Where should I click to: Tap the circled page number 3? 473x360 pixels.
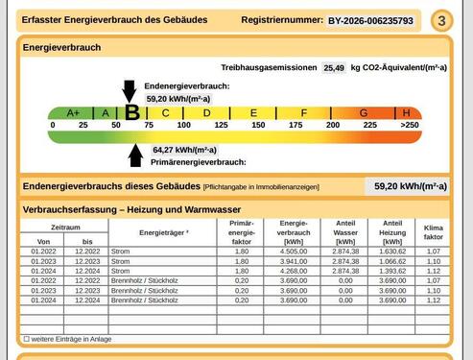point(440,20)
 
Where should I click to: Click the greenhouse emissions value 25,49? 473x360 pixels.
point(333,68)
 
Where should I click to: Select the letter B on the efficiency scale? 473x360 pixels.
point(132,112)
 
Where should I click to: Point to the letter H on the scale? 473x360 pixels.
point(406,112)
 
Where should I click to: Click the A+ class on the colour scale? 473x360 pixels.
point(71,112)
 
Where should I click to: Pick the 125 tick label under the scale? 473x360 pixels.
point(221,125)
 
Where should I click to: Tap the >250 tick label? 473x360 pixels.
point(410,125)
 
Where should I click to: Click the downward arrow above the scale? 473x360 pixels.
point(130,90)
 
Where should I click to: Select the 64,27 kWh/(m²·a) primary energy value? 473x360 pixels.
point(184,150)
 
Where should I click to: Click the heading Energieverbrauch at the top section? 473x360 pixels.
point(61,46)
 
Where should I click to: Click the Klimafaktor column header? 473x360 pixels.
point(434,230)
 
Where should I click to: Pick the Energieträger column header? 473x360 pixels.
point(164,232)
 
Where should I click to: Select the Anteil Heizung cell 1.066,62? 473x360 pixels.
point(392,261)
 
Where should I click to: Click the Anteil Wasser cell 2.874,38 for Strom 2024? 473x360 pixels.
point(345,271)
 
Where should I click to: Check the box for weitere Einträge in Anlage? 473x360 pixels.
point(26,339)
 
